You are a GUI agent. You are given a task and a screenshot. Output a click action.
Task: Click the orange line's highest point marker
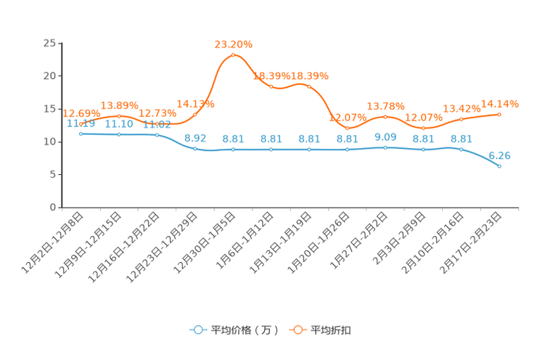point(233,55)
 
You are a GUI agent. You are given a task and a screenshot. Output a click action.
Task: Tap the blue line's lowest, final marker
point(499,165)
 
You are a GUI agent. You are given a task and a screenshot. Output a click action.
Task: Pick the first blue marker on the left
point(81,134)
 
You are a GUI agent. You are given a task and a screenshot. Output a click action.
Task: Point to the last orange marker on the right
point(499,114)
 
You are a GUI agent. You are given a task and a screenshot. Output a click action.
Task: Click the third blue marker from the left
point(157,134)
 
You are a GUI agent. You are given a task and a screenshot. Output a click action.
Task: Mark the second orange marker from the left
point(119,115)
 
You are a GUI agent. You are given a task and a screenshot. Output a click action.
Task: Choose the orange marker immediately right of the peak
point(271,86)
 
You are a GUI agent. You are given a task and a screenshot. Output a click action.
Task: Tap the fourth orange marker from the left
point(195,115)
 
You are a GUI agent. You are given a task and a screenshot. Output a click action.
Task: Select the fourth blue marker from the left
point(195,148)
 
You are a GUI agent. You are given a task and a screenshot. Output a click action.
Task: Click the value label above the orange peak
point(233,44)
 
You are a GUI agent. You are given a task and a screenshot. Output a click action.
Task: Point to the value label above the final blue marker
point(499,155)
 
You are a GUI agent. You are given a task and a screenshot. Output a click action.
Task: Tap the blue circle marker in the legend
point(197,330)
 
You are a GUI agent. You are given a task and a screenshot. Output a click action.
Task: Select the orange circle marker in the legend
point(298,330)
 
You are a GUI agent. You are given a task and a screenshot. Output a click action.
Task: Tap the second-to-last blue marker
point(461,149)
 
